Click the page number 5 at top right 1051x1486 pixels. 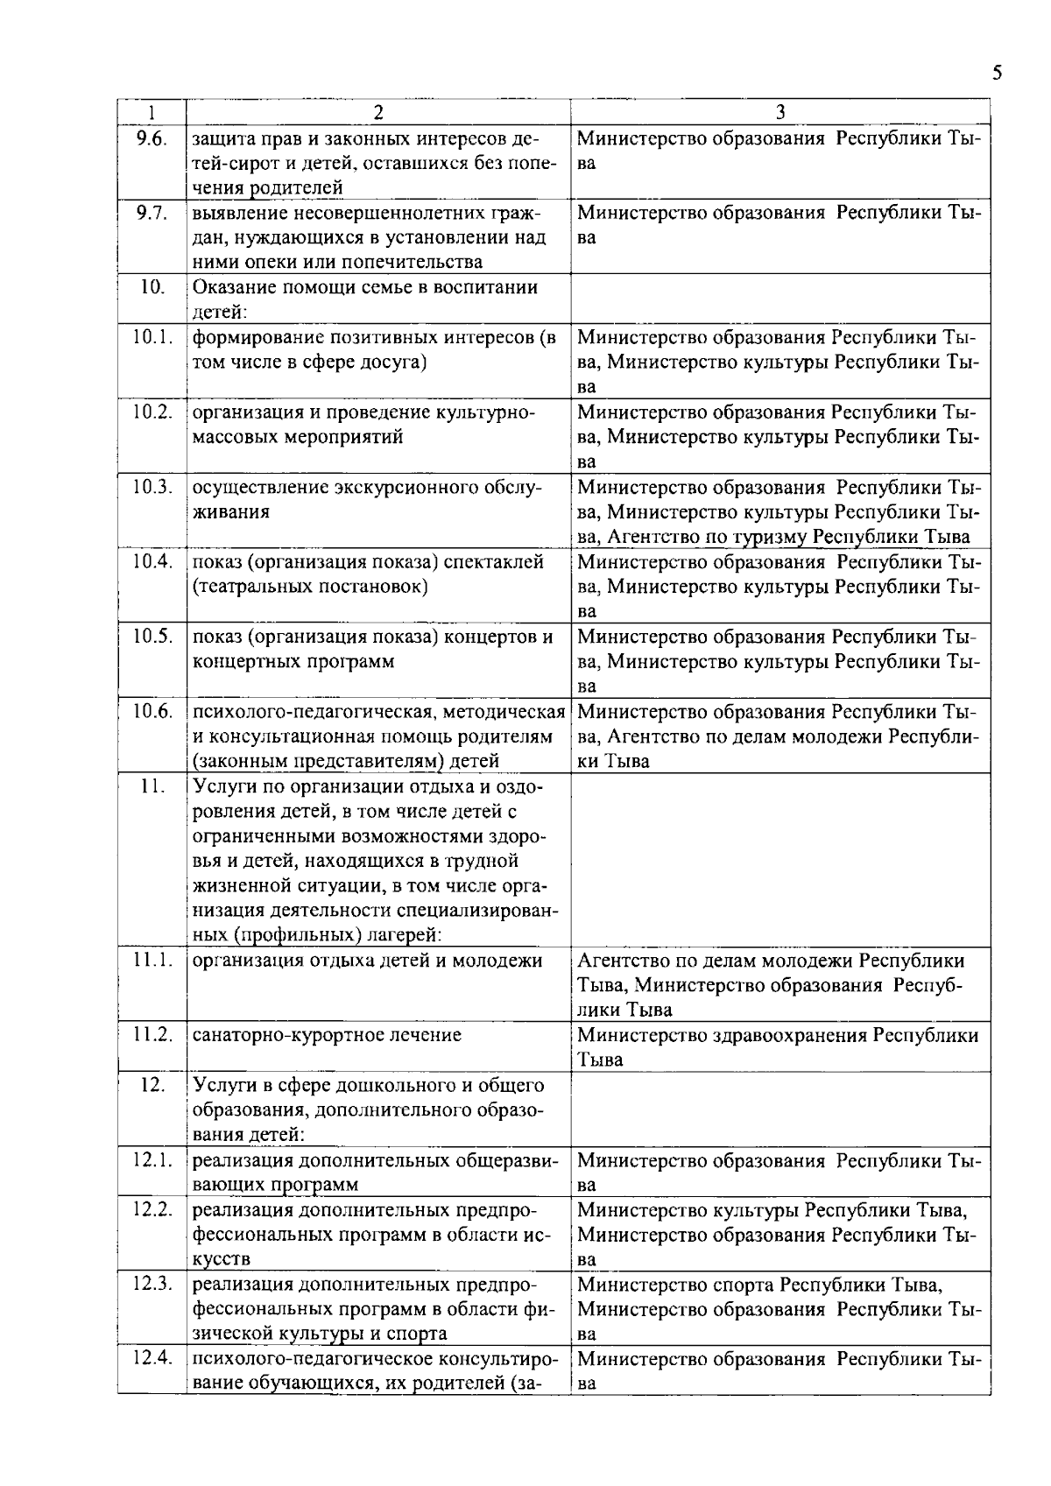997,74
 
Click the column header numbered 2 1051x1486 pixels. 377,113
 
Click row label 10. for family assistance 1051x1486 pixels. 152,287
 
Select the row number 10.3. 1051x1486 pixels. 152,487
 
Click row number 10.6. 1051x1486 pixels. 152,711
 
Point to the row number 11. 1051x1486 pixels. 152,786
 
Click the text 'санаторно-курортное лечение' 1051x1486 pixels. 327,1035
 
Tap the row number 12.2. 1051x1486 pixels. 152,1210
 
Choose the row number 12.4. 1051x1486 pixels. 152,1360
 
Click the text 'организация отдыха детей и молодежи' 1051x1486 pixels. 367,961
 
